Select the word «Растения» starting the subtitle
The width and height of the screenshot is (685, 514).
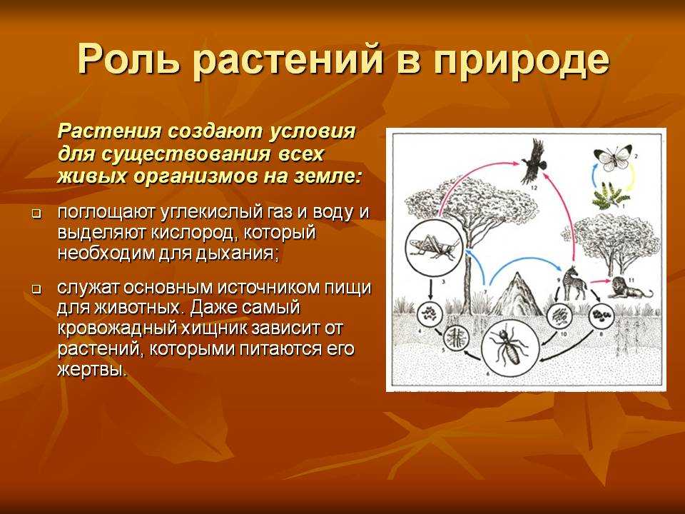click(109, 131)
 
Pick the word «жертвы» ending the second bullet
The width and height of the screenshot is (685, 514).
click(92, 371)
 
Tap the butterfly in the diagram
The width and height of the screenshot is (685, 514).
click(612, 158)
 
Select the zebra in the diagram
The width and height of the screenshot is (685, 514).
click(574, 283)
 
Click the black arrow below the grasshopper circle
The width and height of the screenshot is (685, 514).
click(431, 289)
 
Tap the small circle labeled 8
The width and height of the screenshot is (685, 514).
click(602, 315)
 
